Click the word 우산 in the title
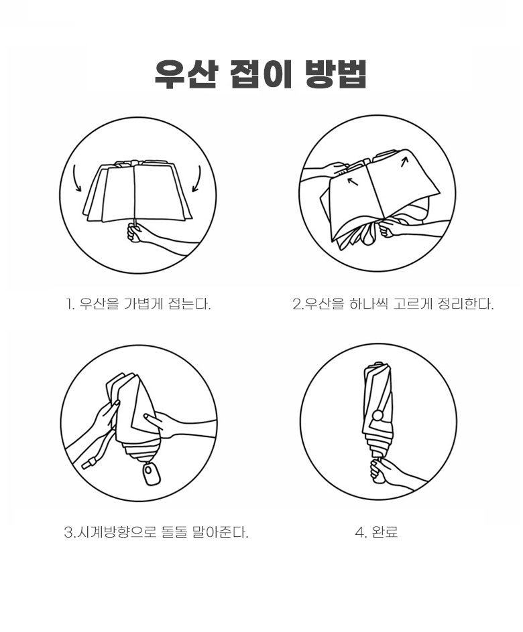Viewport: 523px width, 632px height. [186, 74]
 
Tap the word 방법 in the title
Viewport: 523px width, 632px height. [335, 74]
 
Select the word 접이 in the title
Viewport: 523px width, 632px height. [261, 74]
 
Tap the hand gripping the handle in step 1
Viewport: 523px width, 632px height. [136, 233]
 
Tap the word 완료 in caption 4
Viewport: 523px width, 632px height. [383, 532]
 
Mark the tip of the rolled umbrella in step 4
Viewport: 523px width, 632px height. [377, 363]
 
